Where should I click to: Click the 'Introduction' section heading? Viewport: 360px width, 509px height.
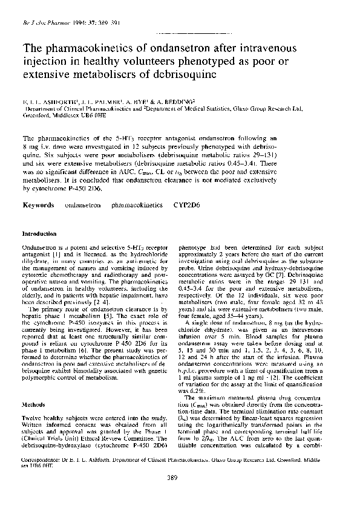[x=39, y=233]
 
